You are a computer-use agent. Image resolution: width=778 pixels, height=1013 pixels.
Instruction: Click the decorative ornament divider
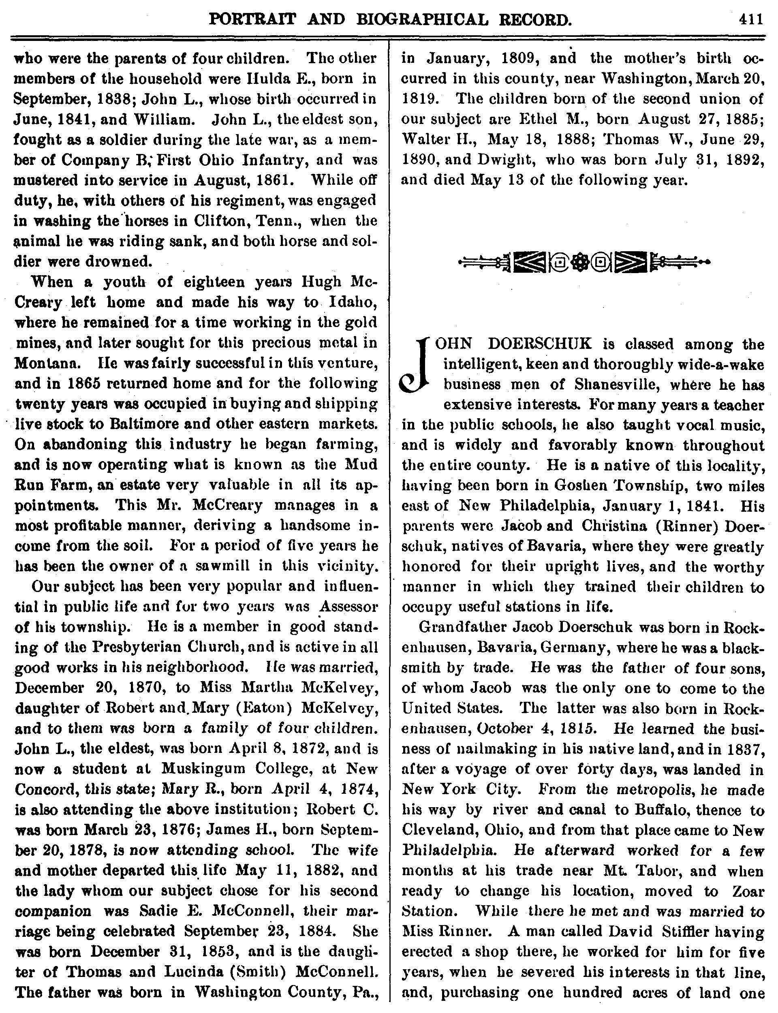click(x=583, y=263)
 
